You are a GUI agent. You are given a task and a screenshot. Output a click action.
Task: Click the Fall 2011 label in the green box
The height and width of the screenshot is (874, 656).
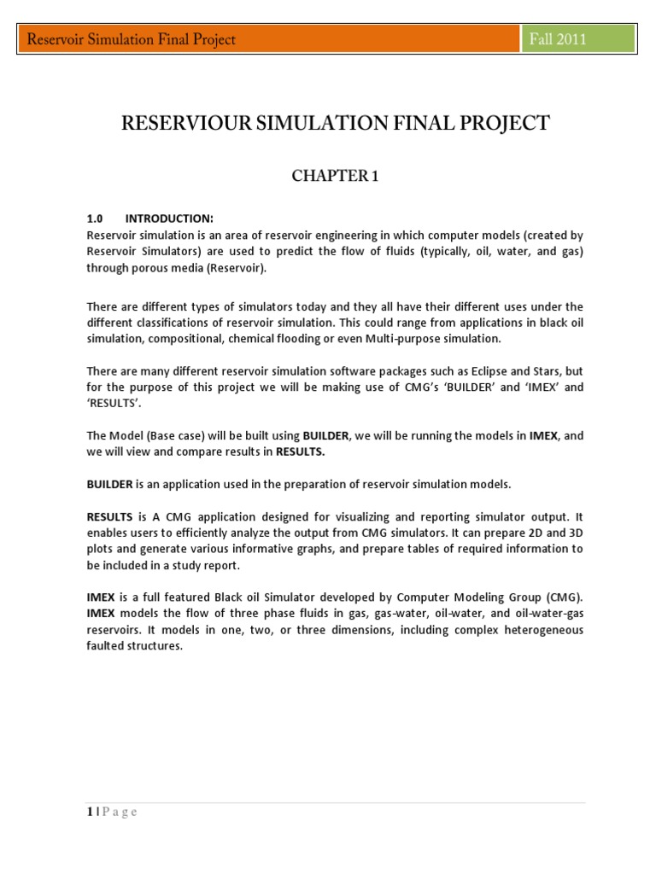pos(559,39)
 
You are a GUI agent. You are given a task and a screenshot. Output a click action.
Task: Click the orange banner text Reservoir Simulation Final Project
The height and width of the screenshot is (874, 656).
pos(132,39)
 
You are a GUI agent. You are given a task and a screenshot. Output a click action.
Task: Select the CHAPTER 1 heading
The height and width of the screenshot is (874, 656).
pos(335,176)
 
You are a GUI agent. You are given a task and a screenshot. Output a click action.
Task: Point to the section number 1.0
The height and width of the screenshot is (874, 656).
pos(95,218)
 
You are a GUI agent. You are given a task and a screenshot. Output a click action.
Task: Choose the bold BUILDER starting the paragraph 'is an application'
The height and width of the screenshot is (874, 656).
pos(109,484)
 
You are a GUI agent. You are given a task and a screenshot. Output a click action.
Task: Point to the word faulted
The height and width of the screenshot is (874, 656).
pos(105,645)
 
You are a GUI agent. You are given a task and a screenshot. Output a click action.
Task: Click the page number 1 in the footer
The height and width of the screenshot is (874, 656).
pos(90,812)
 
